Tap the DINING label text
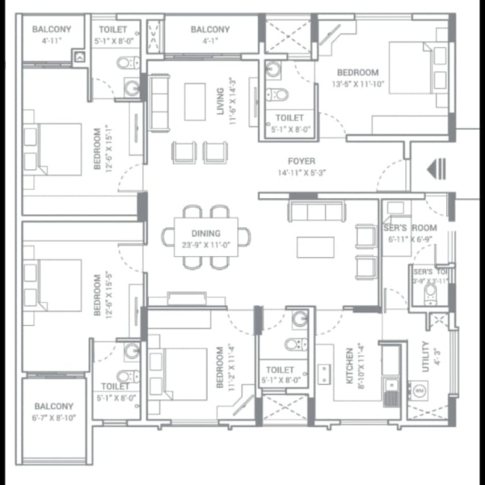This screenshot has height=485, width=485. [205, 234]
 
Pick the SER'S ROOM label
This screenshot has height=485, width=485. [409, 228]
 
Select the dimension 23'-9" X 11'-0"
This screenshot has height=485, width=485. [205, 244]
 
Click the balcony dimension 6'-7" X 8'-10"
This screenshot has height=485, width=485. [54, 417]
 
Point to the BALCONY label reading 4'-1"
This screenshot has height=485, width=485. [210, 30]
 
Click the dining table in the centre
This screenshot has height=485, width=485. [205, 237]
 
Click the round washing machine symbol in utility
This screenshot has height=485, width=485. [420, 390]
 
